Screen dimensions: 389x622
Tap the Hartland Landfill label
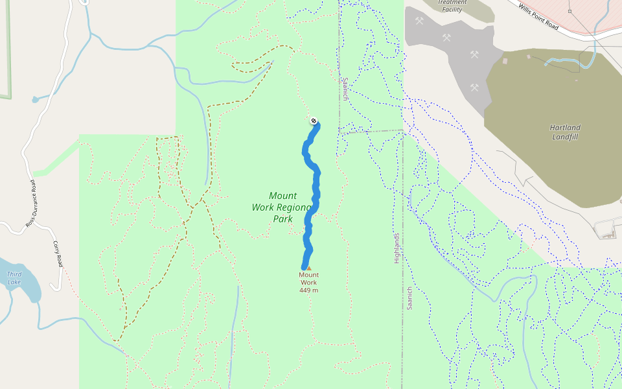point(565,132)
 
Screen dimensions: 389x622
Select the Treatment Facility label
point(452,6)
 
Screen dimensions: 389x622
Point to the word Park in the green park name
point(282,219)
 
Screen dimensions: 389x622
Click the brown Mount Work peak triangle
point(308,268)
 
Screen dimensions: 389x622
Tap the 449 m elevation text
point(308,290)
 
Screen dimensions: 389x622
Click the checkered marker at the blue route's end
point(314,121)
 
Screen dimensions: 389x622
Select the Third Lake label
point(14,278)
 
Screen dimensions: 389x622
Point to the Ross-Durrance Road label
point(32,204)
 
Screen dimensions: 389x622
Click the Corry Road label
point(58,255)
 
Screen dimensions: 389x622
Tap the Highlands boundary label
point(397,248)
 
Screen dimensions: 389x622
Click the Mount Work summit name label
point(308,278)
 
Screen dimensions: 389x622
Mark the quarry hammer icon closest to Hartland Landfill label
point(474,87)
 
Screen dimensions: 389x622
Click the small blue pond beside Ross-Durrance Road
point(35,99)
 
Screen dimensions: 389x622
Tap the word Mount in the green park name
point(283,196)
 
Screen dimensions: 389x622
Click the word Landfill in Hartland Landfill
point(565,137)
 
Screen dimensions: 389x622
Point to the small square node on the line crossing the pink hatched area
point(570,12)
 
